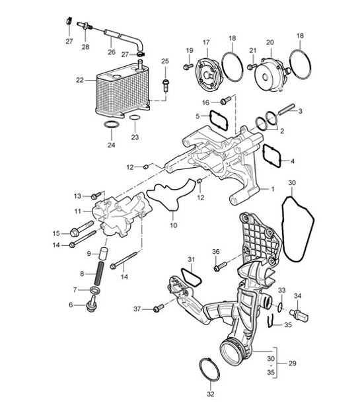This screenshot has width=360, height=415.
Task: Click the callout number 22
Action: point(80,80)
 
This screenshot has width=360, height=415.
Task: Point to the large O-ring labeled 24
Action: point(112,125)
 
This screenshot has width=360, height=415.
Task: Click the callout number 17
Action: point(205,42)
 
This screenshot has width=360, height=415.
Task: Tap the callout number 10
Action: point(173,225)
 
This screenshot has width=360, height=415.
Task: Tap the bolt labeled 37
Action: point(159,309)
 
